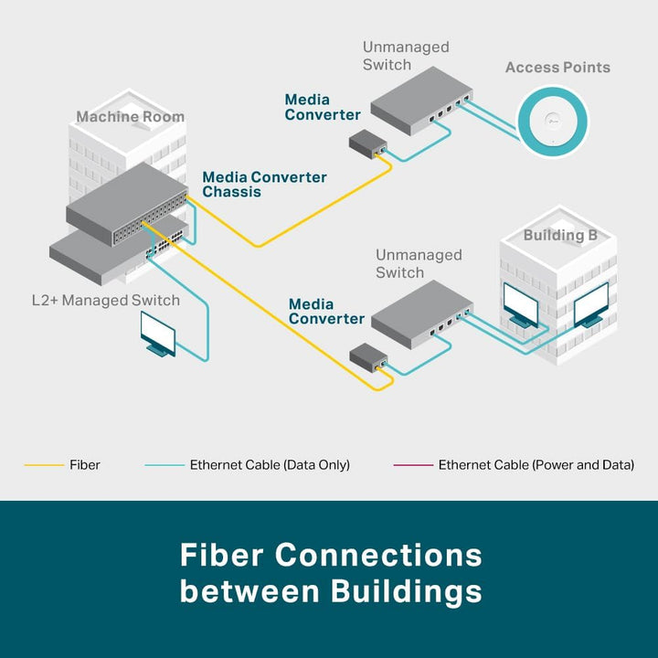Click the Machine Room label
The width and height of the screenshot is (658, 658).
click(x=130, y=116)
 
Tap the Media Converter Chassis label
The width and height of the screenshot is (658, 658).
click(x=264, y=185)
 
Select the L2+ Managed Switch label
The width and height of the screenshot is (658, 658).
click(x=105, y=300)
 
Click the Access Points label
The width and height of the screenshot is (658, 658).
click(x=557, y=68)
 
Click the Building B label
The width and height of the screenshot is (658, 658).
click(x=560, y=236)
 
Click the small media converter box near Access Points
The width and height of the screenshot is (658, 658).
click(x=369, y=144)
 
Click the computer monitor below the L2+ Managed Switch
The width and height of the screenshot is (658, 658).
click(x=157, y=333)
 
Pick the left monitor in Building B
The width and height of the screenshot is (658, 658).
click(x=521, y=305)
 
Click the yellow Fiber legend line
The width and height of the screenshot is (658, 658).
click(x=43, y=465)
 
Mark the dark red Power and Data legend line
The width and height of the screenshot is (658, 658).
click(x=412, y=465)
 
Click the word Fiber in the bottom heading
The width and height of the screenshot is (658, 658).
click(x=222, y=556)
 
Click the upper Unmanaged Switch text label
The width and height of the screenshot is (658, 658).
click(x=406, y=56)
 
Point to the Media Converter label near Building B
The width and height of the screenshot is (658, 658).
click(x=326, y=312)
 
